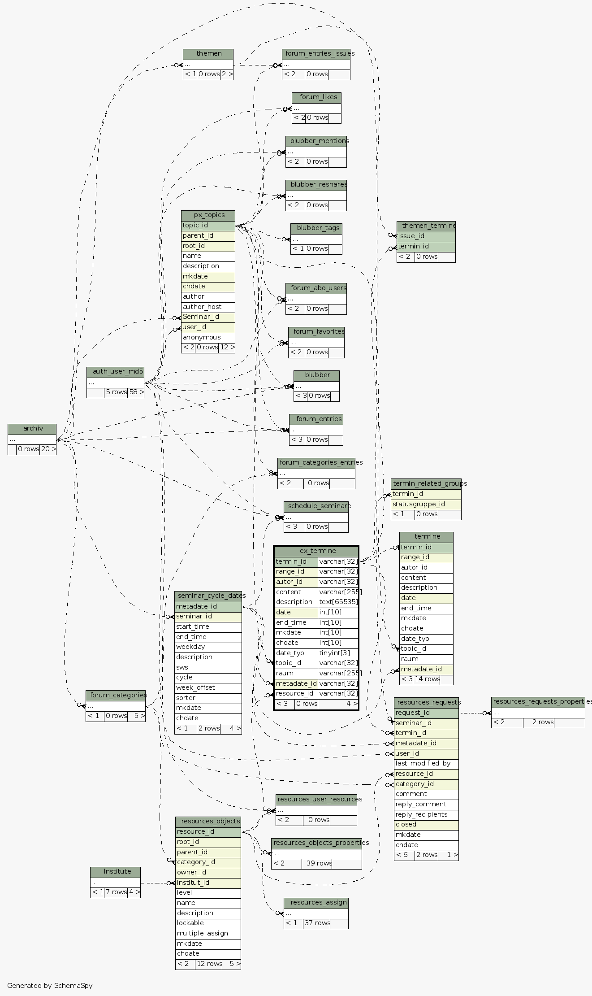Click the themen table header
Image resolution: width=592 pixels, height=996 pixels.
(208, 54)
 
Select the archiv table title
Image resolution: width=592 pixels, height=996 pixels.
(32, 429)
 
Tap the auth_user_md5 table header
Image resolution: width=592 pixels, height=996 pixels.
(116, 372)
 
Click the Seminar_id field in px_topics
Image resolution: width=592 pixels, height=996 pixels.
(201, 317)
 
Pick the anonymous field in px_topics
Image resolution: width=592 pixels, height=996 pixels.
(202, 338)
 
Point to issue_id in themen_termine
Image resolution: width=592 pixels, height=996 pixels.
(411, 236)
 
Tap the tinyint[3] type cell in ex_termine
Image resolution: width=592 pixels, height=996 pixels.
(334, 653)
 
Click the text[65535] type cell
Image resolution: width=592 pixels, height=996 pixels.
(338, 602)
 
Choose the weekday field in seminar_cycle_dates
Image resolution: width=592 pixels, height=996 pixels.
(190, 647)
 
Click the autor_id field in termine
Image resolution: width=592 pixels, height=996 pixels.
(414, 568)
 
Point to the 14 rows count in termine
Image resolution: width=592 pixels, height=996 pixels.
(427, 679)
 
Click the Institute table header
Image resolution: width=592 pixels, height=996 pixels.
(117, 872)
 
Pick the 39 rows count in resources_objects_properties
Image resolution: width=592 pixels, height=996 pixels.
(319, 863)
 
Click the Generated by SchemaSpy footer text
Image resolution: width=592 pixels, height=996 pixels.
(50, 986)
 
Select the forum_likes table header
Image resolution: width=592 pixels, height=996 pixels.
(318, 97)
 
